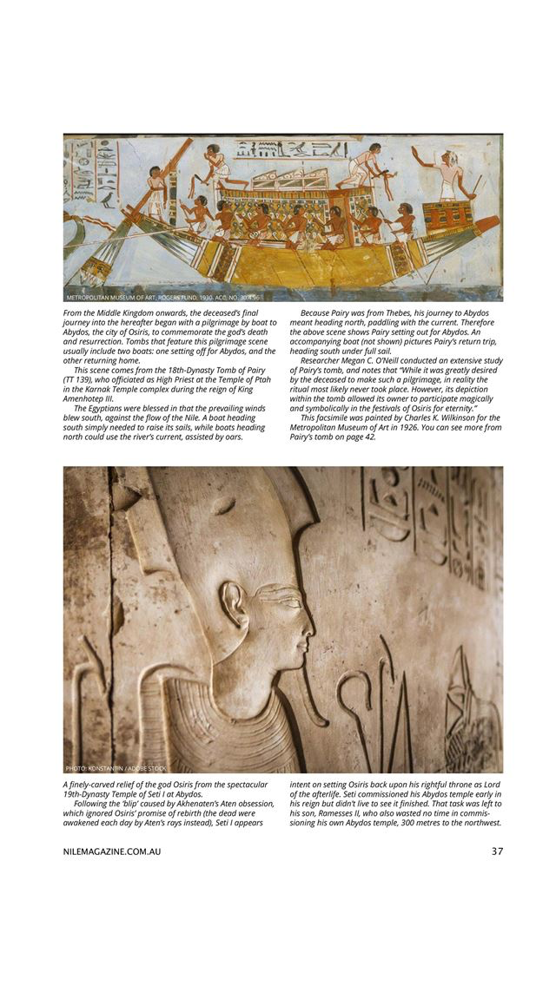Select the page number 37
pos(497,851)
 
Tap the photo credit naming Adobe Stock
pos(116,768)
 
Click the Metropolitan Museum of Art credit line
pos(162,297)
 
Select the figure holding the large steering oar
pos(156,192)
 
